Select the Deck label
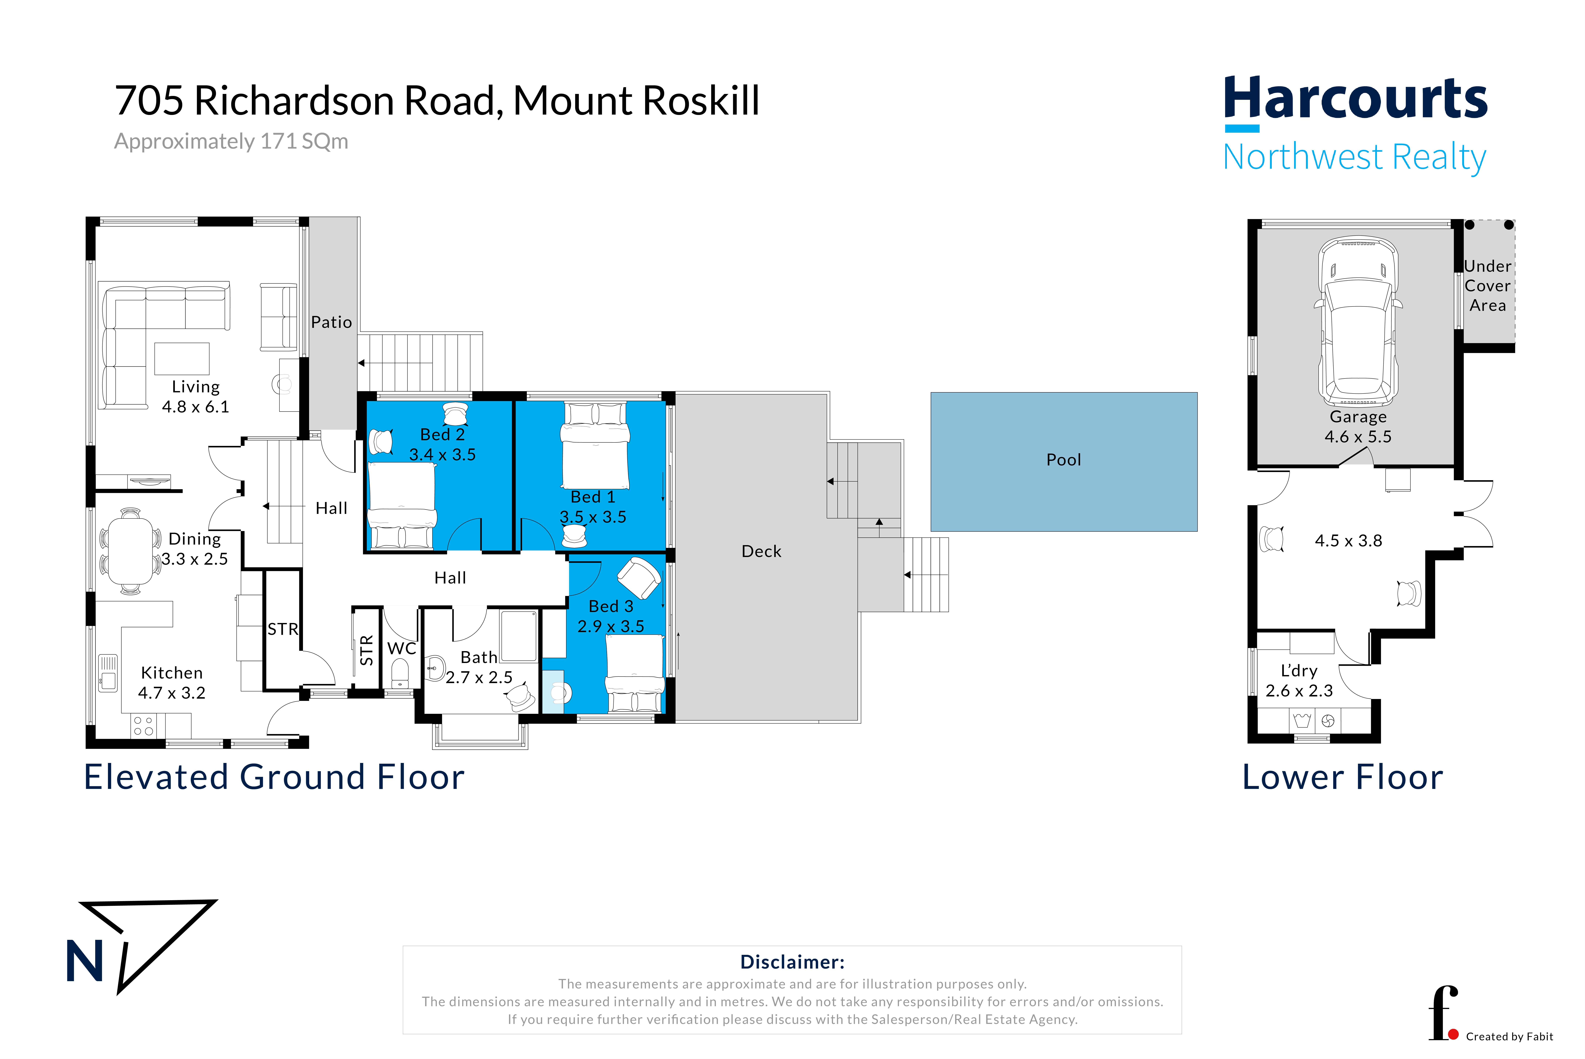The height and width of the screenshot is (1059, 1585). point(761,551)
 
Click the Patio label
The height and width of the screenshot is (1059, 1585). point(332,322)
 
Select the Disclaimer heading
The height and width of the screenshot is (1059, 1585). point(792,962)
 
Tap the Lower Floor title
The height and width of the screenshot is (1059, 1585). point(1343,777)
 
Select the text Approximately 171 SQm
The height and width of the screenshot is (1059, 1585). point(231,141)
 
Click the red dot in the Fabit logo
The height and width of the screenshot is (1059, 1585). point(1453,1034)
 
